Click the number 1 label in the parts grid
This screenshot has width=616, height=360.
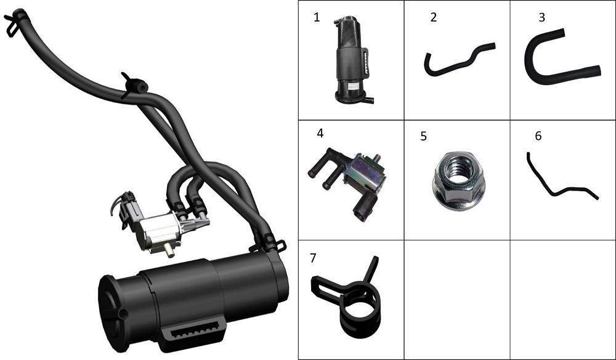317,17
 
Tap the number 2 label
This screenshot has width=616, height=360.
434,17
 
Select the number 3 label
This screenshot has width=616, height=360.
541,17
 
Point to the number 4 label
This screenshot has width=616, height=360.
320,133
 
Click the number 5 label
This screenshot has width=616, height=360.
424,136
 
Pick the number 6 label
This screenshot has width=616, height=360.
538,136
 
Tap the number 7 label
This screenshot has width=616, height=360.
313,258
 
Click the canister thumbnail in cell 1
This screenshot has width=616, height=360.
352,60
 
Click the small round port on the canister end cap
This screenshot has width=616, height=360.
123,314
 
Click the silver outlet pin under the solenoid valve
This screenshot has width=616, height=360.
169,250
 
